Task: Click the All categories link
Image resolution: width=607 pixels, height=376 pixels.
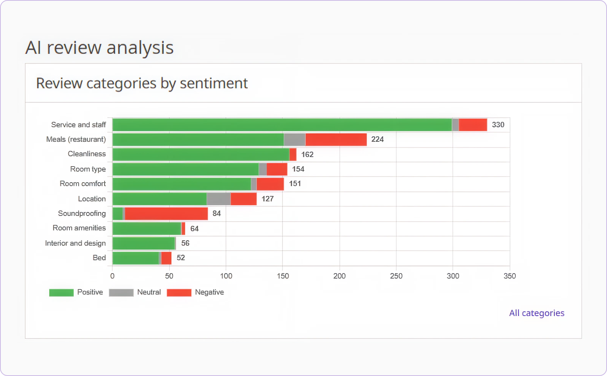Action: pos(536,313)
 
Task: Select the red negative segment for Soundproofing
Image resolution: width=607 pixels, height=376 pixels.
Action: pos(166,214)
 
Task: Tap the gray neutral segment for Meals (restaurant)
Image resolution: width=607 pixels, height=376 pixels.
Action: pos(294,139)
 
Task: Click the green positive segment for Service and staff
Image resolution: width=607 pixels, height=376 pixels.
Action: pos(282,125)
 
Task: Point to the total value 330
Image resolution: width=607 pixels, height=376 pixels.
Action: pos(498,125)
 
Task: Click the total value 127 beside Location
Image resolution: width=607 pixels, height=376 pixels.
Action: pos(267,199)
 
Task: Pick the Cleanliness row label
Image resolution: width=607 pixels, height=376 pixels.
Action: pos(87,154)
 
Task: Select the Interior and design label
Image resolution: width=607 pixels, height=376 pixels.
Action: pos(75,243)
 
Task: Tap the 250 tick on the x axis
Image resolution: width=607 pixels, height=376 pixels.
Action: pos(396,276)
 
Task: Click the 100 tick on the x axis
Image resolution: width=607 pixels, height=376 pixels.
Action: pos(226,276)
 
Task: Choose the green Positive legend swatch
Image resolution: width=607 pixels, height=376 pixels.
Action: pos(61,292)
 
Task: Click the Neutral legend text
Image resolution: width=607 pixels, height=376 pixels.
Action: pos(149,292)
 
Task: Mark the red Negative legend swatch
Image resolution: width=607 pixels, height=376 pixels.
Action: pos(179,292)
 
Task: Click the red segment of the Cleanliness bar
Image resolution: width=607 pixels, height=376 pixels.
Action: pos(293,154)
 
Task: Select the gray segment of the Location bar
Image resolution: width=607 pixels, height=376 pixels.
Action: pos(218,199)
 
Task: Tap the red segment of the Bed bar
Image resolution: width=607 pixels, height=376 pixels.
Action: pos(166,258)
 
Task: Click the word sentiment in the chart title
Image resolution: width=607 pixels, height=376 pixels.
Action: pos(214,83)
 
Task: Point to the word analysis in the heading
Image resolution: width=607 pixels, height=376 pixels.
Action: pos(140,48)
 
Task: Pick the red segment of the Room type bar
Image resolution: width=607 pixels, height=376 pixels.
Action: pos(277,169)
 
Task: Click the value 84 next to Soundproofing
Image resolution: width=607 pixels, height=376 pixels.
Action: pos(216,214)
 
